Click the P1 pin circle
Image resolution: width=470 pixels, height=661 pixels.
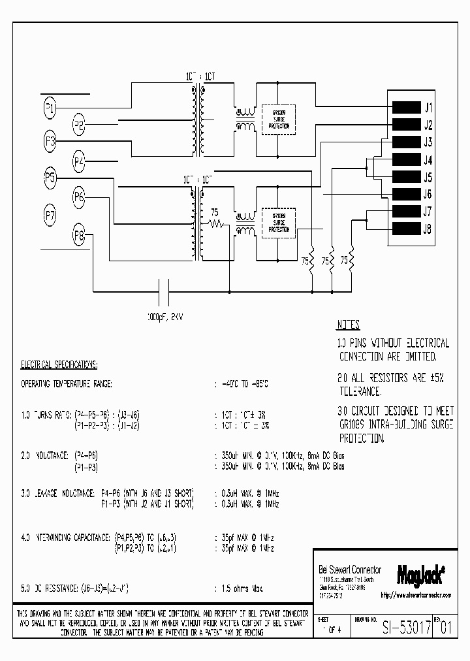(x=50, y=107)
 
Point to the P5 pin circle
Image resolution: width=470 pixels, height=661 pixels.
(x=50, y=177)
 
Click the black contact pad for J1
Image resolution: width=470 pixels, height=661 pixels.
(x=405, y=108)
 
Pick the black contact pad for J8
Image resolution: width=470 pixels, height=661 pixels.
(x=405, y=229)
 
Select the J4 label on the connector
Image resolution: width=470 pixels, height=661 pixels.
(x=428, y=160)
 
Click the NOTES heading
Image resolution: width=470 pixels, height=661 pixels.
(x=349, y=325)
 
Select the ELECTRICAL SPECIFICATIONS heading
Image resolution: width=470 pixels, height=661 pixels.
(x=59, y=364)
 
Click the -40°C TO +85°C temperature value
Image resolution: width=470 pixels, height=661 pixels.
(x=245, y=383)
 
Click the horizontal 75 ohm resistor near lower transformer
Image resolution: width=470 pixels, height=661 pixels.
(x=216, y=224)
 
